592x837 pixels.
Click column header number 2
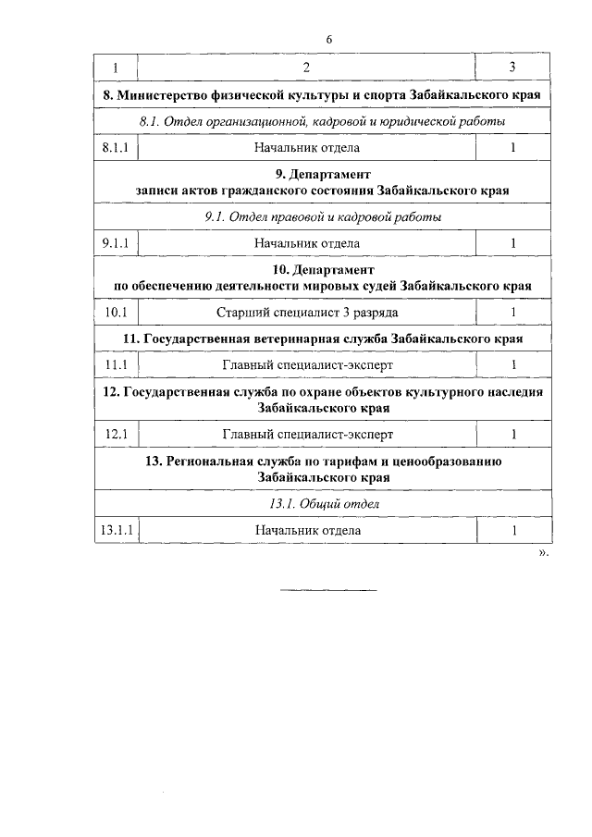pos(306,68)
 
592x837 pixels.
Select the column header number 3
pos(512,68)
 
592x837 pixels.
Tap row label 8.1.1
pos(117,147)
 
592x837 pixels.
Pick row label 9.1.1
pos(117,243)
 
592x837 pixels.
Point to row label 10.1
pos(117,313)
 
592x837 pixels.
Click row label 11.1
pos(117,365)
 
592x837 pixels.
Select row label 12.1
pos(117,434)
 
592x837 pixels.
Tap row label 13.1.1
pos(117,530)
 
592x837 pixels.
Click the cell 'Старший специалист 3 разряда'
pos(307,313)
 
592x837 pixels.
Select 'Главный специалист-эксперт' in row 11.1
pos(307,365)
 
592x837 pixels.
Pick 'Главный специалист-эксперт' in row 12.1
pos(307,434)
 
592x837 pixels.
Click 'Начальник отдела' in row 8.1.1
pos(307,147)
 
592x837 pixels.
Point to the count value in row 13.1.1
pos(513,530)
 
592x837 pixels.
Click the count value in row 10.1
pos(513,313)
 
